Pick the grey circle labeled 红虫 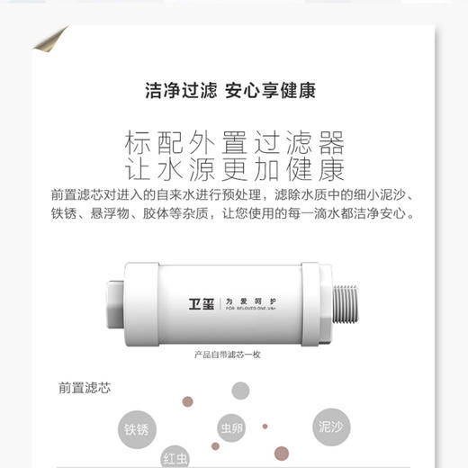[x=175, y=456]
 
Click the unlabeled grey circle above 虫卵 [x=240, y=390]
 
